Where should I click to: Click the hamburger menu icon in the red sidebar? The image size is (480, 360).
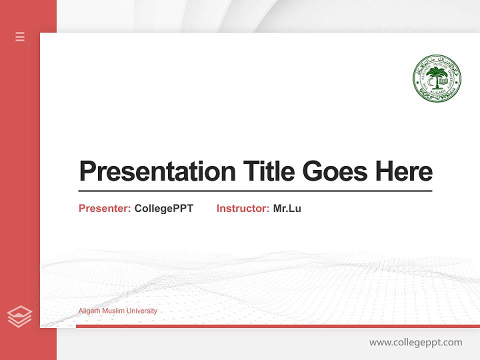(x=20, y=36)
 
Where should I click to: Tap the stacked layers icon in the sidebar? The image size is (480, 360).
(x=19, y=316)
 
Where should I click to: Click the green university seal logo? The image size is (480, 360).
(x=436, y=78)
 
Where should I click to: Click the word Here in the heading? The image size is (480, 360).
(x=403, y=171)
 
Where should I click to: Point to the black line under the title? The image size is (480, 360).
(x=255, y=191)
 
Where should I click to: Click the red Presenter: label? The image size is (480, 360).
(x=104, y=208)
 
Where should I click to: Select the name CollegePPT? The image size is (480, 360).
(x=163, y=208)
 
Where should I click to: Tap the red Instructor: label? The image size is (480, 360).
(x=242, y=208)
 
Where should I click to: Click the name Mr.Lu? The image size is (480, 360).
(x=287, y=208)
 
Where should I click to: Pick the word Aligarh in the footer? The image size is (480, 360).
(x=89, y=311)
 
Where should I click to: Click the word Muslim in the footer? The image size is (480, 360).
(x=113, y=311)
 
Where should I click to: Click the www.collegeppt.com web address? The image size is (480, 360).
(x=415, y=342)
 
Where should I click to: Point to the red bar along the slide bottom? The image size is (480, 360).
(x=277, y=326)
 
